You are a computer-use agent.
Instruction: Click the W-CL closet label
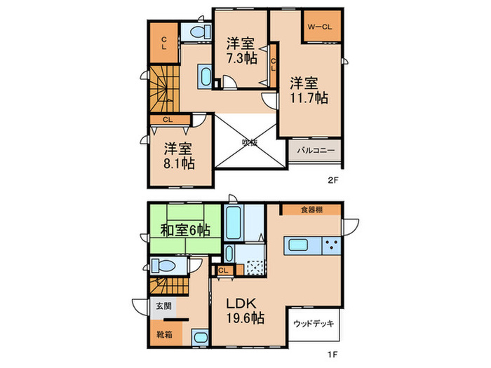point(323,27)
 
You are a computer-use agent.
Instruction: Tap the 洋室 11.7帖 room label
point(309,90)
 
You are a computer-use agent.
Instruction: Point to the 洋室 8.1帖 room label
point(179,156)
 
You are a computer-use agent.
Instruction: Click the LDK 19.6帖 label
point(244,311)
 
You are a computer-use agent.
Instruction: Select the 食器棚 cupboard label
point(313,208)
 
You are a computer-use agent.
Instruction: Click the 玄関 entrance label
point(162,306)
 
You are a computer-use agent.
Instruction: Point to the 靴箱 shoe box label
point(162,334)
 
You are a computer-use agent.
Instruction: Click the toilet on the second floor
point(196,32)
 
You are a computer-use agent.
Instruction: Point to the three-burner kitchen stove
point(331,245)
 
